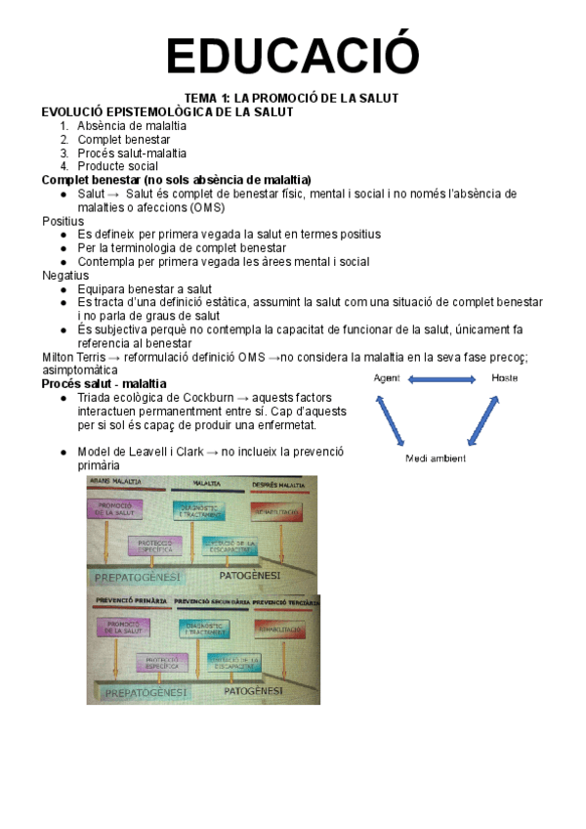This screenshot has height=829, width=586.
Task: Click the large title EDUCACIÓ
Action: (x=292, y=55)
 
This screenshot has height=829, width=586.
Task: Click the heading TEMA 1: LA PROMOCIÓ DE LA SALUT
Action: (x=292, y=99)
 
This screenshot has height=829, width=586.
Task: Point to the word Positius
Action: (x=63, y=222)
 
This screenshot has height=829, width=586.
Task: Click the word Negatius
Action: (x=64, y=276)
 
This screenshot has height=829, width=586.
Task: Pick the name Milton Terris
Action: (x=73, y=357)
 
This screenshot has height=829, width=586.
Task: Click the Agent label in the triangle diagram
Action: (x=387, y=378)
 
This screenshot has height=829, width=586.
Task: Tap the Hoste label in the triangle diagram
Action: (x=505, y=378)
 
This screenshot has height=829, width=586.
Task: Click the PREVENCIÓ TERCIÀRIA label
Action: (x=285, y=602)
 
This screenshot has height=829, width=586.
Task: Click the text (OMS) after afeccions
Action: (x=208, y=208)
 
